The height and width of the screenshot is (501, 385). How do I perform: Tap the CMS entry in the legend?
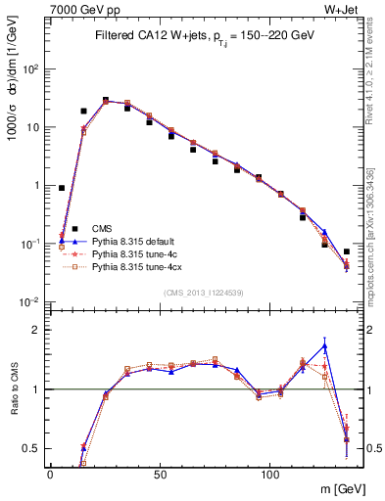pyautogui.click(x=103, y=227)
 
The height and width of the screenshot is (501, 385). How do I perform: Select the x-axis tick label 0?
pyautogui.click(x=51, y=474)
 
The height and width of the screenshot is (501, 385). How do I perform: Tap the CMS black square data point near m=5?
pyautogui.click(x=62, y=188)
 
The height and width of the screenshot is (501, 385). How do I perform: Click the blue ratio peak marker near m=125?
pyautogui.click(x=324, y=346)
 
